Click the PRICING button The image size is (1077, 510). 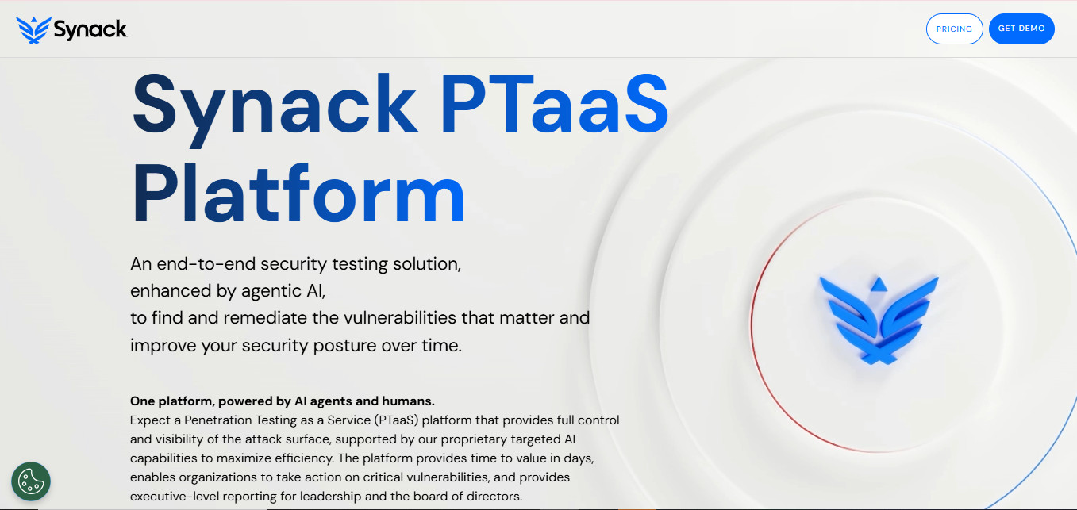point(954,29)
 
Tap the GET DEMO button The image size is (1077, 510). point(1021,29)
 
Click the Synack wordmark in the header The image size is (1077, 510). point(90,30)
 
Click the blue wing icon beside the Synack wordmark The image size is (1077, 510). point(33,30)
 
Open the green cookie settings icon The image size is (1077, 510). point(31,481)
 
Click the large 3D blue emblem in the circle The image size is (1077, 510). point(879,321)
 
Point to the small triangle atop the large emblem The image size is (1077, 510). point(879,283)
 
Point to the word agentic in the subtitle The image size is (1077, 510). point(269,291)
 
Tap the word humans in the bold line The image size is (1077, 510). point(408,401)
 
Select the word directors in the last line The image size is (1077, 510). point(493,497)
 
